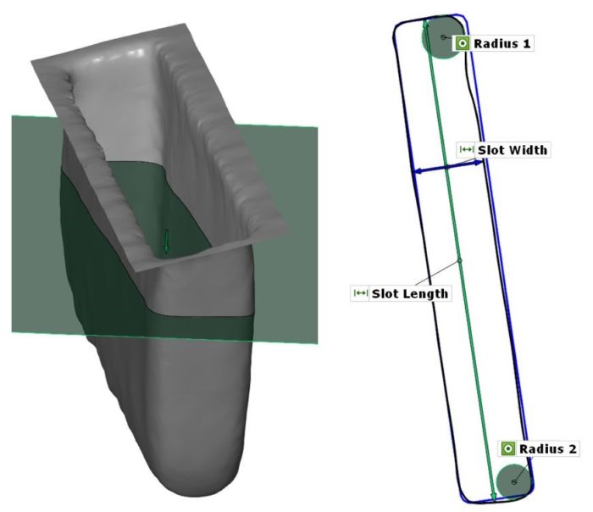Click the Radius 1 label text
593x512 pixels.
pos(503,43)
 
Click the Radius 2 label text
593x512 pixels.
pos(548,448)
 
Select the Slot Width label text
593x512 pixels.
pos(513,150)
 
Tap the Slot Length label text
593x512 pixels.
pos(410,293)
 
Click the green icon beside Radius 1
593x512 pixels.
pos(463,43)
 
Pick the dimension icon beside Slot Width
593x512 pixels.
pos(466,150)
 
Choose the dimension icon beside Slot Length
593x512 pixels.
pos(360,293)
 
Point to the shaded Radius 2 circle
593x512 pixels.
pos(513,480)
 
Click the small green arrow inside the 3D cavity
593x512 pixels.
pos(166,241)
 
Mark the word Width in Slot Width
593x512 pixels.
pos(529,150)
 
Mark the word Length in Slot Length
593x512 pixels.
pos(428,293)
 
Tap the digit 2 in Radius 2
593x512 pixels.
pos(573,448)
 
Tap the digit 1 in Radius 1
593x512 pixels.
pos(529,43)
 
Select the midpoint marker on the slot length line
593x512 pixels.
pos(458,259)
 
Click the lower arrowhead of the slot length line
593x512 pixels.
pos(494,496)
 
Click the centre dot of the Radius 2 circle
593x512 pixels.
pos(513,481)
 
